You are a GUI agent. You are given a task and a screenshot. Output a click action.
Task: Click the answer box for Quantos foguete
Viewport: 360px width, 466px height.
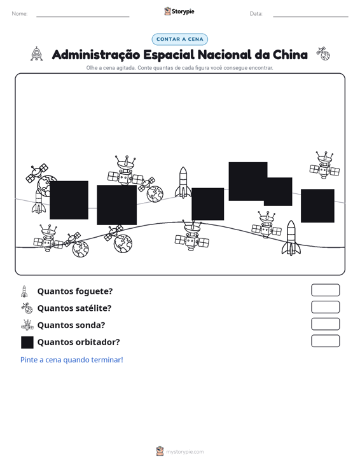click(x=325, y=290)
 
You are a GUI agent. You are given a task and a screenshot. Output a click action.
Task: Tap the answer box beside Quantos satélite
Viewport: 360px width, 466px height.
click(x=325, y=307)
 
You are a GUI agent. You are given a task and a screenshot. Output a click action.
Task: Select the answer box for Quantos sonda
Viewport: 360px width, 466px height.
click(x=325, y=324)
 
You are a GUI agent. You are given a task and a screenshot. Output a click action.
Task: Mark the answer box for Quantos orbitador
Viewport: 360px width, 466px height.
click(x=325, y=341)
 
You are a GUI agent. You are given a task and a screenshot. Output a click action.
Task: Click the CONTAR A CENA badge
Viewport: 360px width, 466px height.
click(x=179, y=39)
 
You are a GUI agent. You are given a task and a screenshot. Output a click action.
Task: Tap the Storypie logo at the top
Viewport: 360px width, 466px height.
click(x=179, y=11)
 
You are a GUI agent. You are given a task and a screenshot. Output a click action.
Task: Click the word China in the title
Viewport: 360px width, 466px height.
click(x=290, y=55)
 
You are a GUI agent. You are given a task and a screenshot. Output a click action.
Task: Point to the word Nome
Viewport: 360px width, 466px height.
click(x=20, y=14)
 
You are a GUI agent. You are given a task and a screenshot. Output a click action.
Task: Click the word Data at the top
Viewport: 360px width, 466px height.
click(x=256, y=14)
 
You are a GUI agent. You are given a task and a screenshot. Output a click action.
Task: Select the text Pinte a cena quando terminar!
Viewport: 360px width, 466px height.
click(x=72, y=360)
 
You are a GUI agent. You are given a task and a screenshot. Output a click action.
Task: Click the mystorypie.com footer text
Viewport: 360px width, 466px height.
click(x=184, y=452)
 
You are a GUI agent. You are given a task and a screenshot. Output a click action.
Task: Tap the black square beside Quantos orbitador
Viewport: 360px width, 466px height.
click(x=27, y=342)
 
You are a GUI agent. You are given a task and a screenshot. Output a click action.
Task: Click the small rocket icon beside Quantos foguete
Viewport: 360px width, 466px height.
click(x=24, y=291)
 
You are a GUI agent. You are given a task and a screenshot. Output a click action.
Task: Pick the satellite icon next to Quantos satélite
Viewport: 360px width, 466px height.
click(x=27, y=308)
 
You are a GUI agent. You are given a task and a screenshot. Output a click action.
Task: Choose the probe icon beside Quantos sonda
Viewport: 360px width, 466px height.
click(x=27, y=325)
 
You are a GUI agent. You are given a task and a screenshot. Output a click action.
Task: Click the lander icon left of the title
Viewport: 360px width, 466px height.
click(x=36, y=54)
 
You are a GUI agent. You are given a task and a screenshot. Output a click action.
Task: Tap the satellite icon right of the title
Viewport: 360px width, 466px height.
click(x=323, y=53)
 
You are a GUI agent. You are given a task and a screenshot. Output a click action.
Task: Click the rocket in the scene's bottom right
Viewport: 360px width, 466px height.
click(x=291, y=238)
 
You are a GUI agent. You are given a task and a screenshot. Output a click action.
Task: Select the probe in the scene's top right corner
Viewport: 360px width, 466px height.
click(x=324, y=165)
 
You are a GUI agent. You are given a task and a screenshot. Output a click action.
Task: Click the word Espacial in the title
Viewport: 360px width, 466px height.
click(x=169, y=55)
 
